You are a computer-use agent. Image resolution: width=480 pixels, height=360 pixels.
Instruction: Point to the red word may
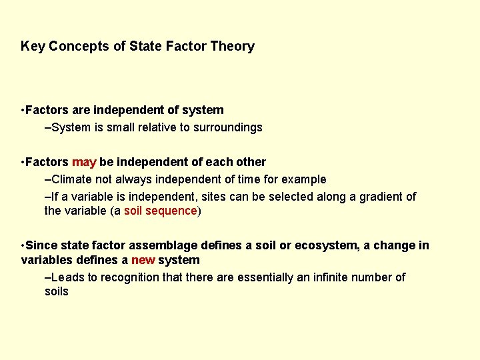84,162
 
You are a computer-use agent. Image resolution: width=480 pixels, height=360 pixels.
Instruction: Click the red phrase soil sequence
161,211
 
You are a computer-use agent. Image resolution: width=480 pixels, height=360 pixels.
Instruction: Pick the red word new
143,260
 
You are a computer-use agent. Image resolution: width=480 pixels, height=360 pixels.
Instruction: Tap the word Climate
73,179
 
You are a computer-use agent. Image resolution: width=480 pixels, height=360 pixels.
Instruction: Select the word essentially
261,277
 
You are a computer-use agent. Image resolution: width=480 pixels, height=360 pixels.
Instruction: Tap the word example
304,179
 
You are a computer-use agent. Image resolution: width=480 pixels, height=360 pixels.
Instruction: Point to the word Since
41,246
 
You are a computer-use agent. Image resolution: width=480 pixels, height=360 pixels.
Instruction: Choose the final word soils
57,292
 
